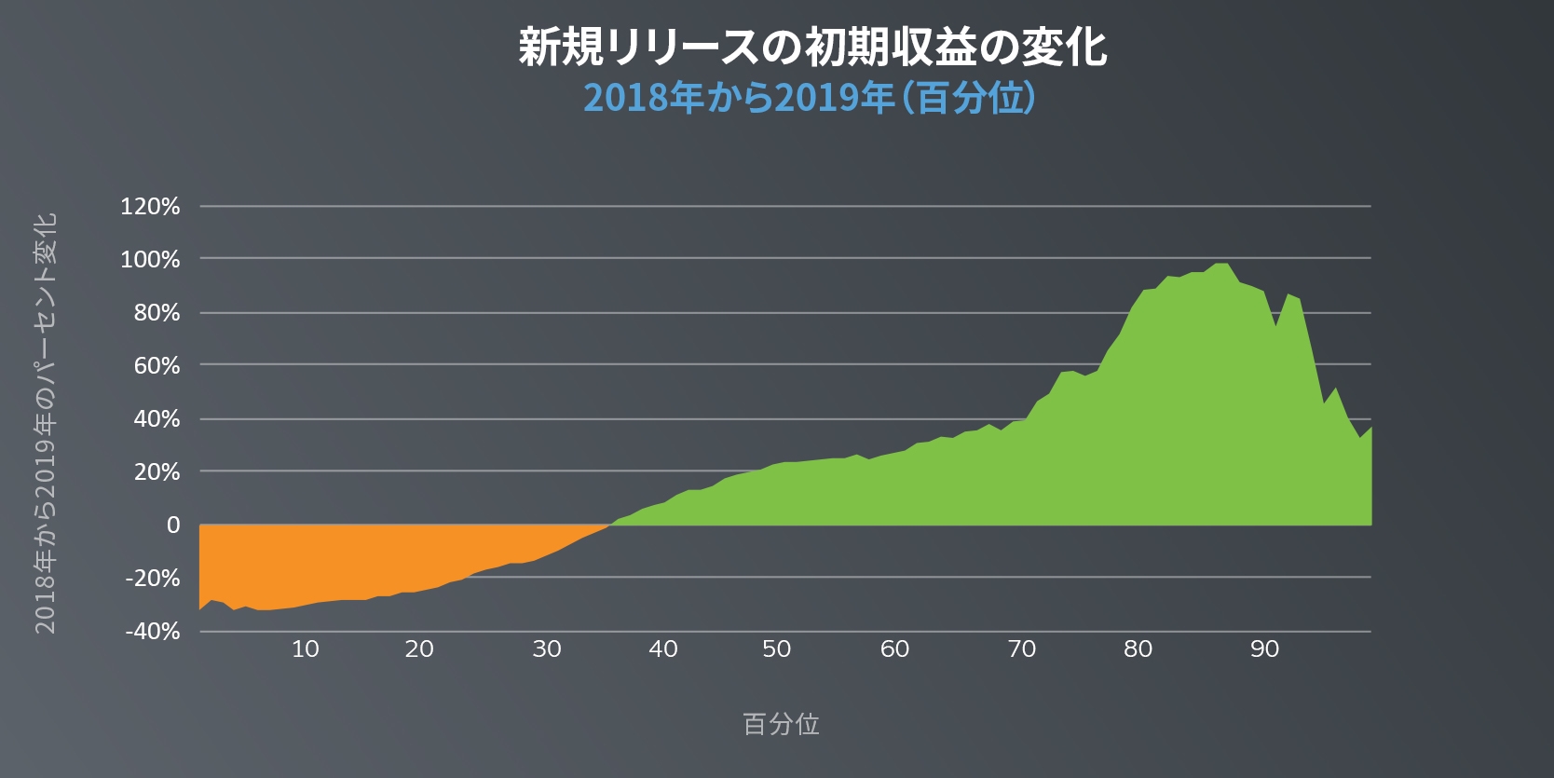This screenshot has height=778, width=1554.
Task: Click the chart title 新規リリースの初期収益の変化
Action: pyautogui.click(x=812, y=47)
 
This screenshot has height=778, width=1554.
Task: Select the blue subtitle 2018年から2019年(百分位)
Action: pyautogui.click(x=809, y=98)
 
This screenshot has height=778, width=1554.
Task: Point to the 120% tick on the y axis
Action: pyautogui.click(x=150, y=207)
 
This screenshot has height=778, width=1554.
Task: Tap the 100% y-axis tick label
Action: pyautogui.click(x=150, y=260)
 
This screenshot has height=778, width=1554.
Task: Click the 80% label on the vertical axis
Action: pyautogui.click(x=157, y=313)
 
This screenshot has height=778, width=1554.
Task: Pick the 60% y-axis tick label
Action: pyautogui.click(x=157, y=366)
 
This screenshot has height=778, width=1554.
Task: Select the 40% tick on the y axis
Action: pyautogui.click(x=157, y=419)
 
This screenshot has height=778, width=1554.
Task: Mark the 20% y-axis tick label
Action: pyautogui.click(x=157, y=472)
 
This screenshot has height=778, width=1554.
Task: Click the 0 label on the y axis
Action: pyautogui.click(x=173, y=525)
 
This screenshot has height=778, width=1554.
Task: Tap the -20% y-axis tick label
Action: pyautogui.click(x=153, y=579)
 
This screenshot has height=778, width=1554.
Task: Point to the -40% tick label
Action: pyautogui.click(x=153, y=632)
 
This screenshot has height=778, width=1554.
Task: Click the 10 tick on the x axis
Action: pyautogui.click(x=306, y=649)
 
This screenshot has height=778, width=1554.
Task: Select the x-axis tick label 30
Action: pyautogui.click(x=547, y=649)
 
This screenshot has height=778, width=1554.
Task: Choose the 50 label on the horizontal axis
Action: pyautogui.click(x=777, y=649)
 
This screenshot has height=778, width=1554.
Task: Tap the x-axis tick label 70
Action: pyautogui.click(x=1022, y=649)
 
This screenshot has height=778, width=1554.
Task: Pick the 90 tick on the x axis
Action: pyautogui.click(x=1264, y=649)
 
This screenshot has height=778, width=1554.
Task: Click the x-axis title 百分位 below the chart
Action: pyautogui.click(x=781, y=724)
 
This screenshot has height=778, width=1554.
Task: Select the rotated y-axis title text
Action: pyautogui.click(x=46, y=424)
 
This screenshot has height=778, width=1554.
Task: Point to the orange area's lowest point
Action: pyautogui.click(x=265, y=609)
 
